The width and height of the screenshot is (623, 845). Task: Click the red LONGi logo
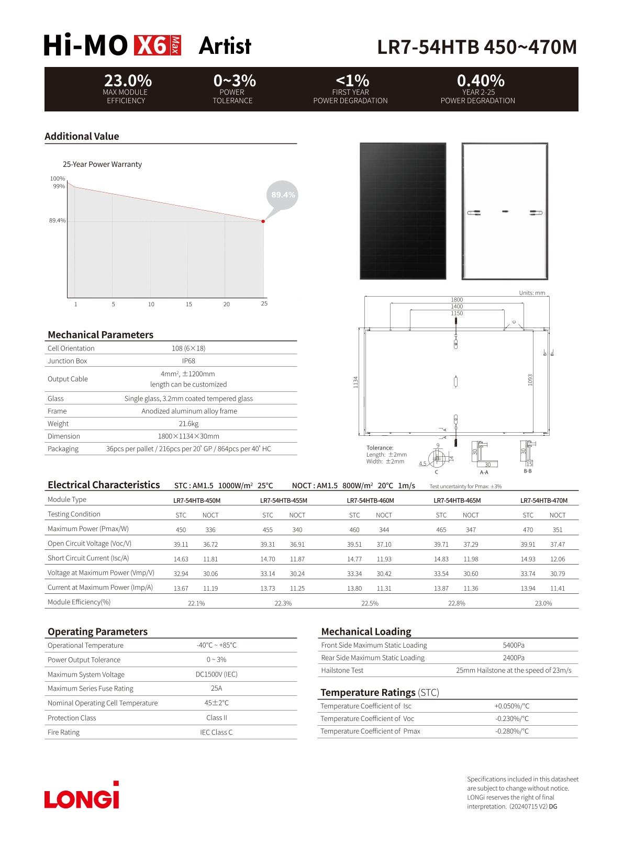[82, 796]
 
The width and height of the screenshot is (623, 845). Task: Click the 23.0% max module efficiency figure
[128, 81]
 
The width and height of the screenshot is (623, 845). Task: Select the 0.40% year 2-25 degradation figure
[481, 81]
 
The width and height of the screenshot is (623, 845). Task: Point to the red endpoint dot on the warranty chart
[263, 221]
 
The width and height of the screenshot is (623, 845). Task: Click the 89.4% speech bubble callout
[283, 195]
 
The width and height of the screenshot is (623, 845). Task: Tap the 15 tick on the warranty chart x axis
[189, 304]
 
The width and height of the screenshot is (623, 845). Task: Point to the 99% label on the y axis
[59, 186]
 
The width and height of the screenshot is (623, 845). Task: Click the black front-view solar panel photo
[403, 211]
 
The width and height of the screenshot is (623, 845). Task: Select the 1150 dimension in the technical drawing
[457, 313]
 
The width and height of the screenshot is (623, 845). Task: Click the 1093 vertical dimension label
[530, 380]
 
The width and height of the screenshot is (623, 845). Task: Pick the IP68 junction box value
[188, 361]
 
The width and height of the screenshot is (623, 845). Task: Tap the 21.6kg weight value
[188, 424]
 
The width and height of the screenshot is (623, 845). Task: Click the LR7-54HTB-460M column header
[370, 501]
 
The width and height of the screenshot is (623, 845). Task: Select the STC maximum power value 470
[528, 530]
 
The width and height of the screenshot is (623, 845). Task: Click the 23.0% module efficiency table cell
[543, 603]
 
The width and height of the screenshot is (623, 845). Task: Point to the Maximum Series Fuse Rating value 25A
[217, 689]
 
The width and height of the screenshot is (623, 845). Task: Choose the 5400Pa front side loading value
[514, 646]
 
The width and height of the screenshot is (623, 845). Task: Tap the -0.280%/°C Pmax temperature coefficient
[512, 731]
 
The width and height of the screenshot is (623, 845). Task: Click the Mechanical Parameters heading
[101, 335]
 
